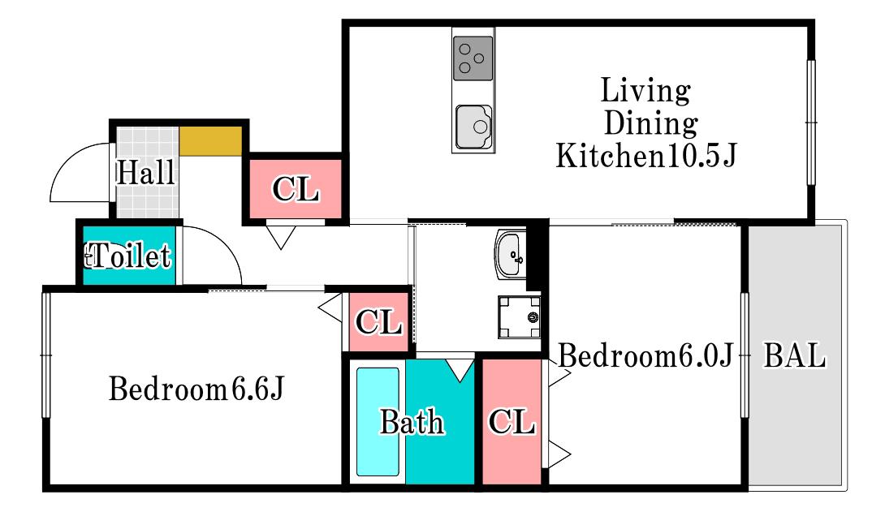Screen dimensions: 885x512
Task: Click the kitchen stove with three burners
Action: pos(473,58)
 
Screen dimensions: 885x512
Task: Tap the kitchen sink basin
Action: pos(473,127)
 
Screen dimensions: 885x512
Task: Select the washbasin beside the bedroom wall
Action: pos(510,254)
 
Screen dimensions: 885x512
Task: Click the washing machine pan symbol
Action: pos(519,317)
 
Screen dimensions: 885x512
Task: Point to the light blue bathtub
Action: pos(378,422)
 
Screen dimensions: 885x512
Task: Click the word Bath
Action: pos(412,422)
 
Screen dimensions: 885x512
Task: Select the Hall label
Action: pos(145,172)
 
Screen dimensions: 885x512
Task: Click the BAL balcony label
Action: pos(794,356)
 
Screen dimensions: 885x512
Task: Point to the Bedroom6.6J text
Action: pos(196,389)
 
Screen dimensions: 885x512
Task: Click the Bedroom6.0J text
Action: pos(645,356)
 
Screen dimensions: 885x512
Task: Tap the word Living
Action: pos(645,91)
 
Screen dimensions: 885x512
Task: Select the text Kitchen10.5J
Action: pos(646,155)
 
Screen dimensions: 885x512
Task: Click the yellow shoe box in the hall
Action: pos(210,141)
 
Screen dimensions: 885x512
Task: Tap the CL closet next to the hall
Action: pos(296,188)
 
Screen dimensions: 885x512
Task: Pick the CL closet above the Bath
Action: pos(378,322)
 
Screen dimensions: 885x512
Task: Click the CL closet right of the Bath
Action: pos(512,421)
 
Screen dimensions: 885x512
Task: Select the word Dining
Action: pos(651,123)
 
